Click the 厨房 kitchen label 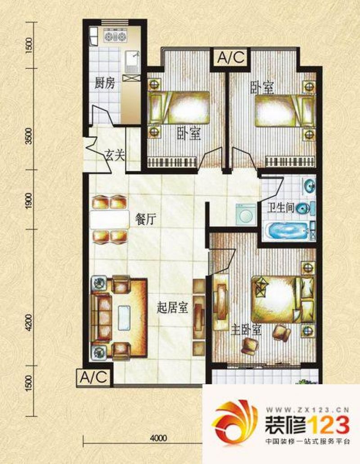(104, 84)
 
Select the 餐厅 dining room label (145, 219)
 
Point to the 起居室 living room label (172, 308)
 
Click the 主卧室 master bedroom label (246, 330)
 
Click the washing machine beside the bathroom (245, 214)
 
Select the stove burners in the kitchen (115, 36)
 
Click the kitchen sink (132, 62)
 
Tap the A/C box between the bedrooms (231, 58)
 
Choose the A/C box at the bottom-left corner (94, 378)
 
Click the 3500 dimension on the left (29, 136)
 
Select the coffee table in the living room (124, 318)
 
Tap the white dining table (110, 219)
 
